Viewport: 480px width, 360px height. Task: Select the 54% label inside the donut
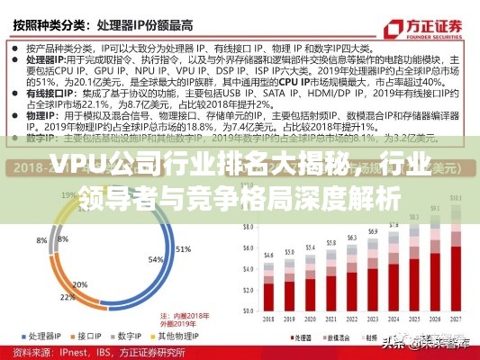coord(154,259)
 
